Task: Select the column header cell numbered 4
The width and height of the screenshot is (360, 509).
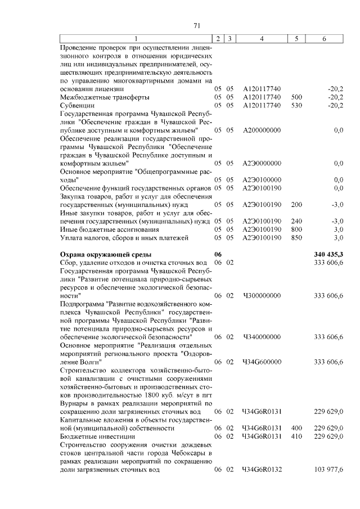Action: [262, 38]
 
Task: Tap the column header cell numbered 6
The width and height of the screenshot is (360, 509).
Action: [324, 38]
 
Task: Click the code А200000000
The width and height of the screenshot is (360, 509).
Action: [262, 130]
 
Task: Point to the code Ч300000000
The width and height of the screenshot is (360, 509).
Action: [262, 295]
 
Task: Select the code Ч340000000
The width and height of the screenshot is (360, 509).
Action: [262, 336]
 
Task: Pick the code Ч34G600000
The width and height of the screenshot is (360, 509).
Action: [262, 362]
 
